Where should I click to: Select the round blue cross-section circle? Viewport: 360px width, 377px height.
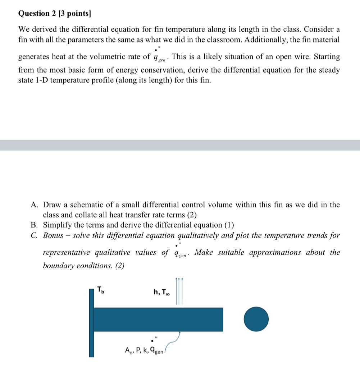pyautogui.click(x=256, y=319)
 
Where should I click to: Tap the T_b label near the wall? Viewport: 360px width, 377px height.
pyautogui.click(x=101, y=290)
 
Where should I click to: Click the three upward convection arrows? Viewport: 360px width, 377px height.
pyautogui.click(x=179, y=291)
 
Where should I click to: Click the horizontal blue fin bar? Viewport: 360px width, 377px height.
pyautogui.click(x=158, y=319)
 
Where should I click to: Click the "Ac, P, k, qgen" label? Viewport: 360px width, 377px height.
pyautogui.click(x=144, y=350)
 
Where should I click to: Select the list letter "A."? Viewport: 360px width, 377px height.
pyautogui.click(x=35, y=205)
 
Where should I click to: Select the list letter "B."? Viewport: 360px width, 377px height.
pyautogui.click(x=35, y=225)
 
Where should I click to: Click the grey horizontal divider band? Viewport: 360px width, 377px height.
pyautogui.click(x=180, y=145)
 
